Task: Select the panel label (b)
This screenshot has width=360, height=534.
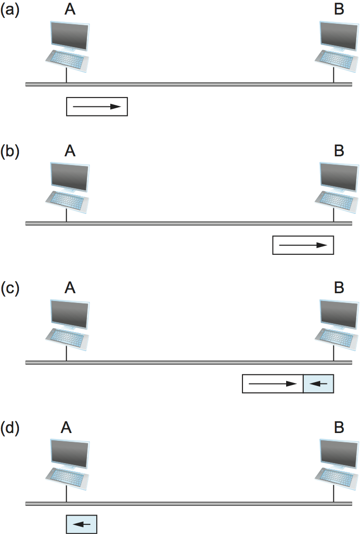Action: [x=10, y=150]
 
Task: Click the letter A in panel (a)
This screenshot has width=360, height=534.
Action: [x=70, y=10]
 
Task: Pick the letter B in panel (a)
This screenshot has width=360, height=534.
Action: [x=339, y=10]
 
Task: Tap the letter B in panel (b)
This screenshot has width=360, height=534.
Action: [x=339, y=150]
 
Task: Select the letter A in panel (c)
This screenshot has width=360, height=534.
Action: [x=70, y=288]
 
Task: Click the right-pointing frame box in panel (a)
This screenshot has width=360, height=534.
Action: [x=97, y=107]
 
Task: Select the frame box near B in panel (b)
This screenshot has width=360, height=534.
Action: [x=304, y=245]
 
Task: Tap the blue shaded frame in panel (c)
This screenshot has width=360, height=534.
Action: [x=319, y=384]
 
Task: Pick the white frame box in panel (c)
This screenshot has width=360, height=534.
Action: [x=273, y=384]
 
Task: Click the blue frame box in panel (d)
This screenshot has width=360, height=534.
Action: [x=82, y=524]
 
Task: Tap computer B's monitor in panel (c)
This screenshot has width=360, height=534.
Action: [x=339, y=313]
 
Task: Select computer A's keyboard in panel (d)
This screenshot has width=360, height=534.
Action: [x=68, y=477]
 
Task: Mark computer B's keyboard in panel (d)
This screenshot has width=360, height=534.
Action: [x=335, y=477]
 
